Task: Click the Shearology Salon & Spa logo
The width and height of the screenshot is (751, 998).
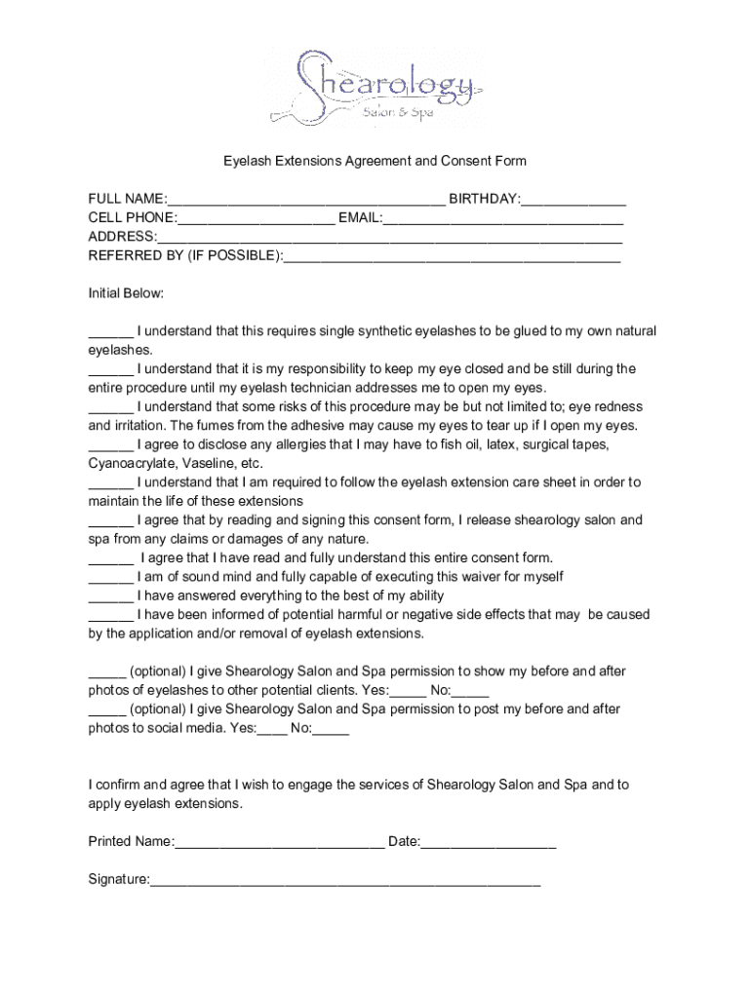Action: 375,87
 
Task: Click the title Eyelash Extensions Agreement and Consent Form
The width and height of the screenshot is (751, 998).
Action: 375,161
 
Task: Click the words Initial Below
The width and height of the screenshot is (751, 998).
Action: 127,293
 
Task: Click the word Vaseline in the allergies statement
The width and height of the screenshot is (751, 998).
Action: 212,463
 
